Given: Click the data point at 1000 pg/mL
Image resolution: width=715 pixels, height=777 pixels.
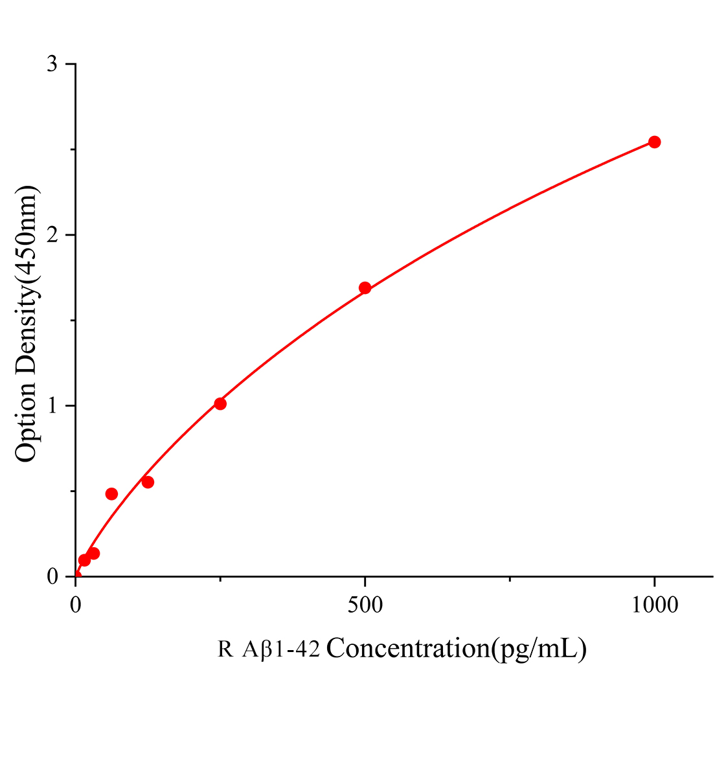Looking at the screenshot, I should coord(654,142).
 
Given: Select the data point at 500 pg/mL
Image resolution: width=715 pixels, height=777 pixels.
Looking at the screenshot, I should coord(365,287).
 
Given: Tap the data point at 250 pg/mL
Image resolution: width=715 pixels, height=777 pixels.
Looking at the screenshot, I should coord(220,403).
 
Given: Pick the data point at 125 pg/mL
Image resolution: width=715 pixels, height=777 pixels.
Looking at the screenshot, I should coord(148,482).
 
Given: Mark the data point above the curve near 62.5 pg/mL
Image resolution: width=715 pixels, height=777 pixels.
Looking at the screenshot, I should coord(111,493).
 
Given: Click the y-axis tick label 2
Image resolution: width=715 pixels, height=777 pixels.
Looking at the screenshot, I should coord(52,234).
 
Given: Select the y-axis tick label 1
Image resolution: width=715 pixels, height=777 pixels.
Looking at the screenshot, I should coord(52,405).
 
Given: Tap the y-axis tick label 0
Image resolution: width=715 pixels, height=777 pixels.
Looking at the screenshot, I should coord(52,576).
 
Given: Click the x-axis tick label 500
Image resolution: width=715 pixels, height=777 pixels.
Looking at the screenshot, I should coord(365,605).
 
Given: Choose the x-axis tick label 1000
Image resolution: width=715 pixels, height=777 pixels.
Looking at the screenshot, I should coord(654,605).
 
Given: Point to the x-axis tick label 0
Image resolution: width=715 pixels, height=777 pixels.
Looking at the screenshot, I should coord(76,605).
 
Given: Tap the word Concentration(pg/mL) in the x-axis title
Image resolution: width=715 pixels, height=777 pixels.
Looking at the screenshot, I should coord(457,648).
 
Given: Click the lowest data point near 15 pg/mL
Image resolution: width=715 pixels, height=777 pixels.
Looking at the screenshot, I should coord(84,560).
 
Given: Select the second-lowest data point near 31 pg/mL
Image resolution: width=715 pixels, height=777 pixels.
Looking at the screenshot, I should coord(94,553).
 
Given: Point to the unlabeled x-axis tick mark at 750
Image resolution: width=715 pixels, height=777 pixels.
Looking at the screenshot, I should coord(510,579).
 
